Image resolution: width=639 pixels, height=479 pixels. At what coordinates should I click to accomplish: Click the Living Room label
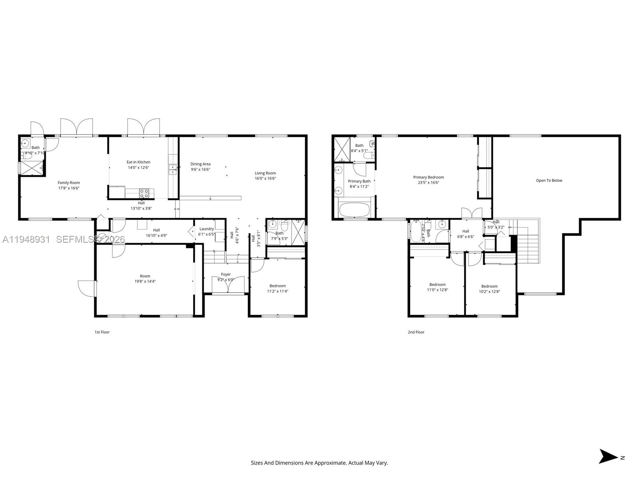[265, 173]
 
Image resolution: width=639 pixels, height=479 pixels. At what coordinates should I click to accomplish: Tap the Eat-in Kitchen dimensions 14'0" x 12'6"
[138, 168]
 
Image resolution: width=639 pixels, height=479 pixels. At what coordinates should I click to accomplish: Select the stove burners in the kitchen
[144, 194]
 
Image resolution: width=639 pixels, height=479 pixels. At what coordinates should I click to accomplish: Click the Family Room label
[69, 183]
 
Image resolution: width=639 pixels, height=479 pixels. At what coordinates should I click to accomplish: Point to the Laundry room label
[206, 229]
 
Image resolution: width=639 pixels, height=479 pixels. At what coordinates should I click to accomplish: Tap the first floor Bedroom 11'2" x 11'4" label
[278, 286]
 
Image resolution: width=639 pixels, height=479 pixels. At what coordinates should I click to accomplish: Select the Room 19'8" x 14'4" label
[145, 276]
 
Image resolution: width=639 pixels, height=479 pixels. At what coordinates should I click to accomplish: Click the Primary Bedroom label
[428, 177]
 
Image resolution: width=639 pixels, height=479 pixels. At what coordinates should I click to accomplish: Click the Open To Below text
[549, 180]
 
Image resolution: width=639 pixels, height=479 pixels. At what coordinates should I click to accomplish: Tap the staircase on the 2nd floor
[528, 247]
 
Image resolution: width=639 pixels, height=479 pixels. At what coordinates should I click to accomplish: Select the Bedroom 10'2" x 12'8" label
[489, 286]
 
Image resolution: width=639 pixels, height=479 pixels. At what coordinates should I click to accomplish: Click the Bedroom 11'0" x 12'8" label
[437, 285]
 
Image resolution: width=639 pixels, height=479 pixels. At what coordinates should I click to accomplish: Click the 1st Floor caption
[102, 332]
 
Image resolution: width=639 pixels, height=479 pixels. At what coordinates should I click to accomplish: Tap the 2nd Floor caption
[416, 332]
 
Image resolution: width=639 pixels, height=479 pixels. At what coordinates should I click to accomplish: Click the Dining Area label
[200, 164]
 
